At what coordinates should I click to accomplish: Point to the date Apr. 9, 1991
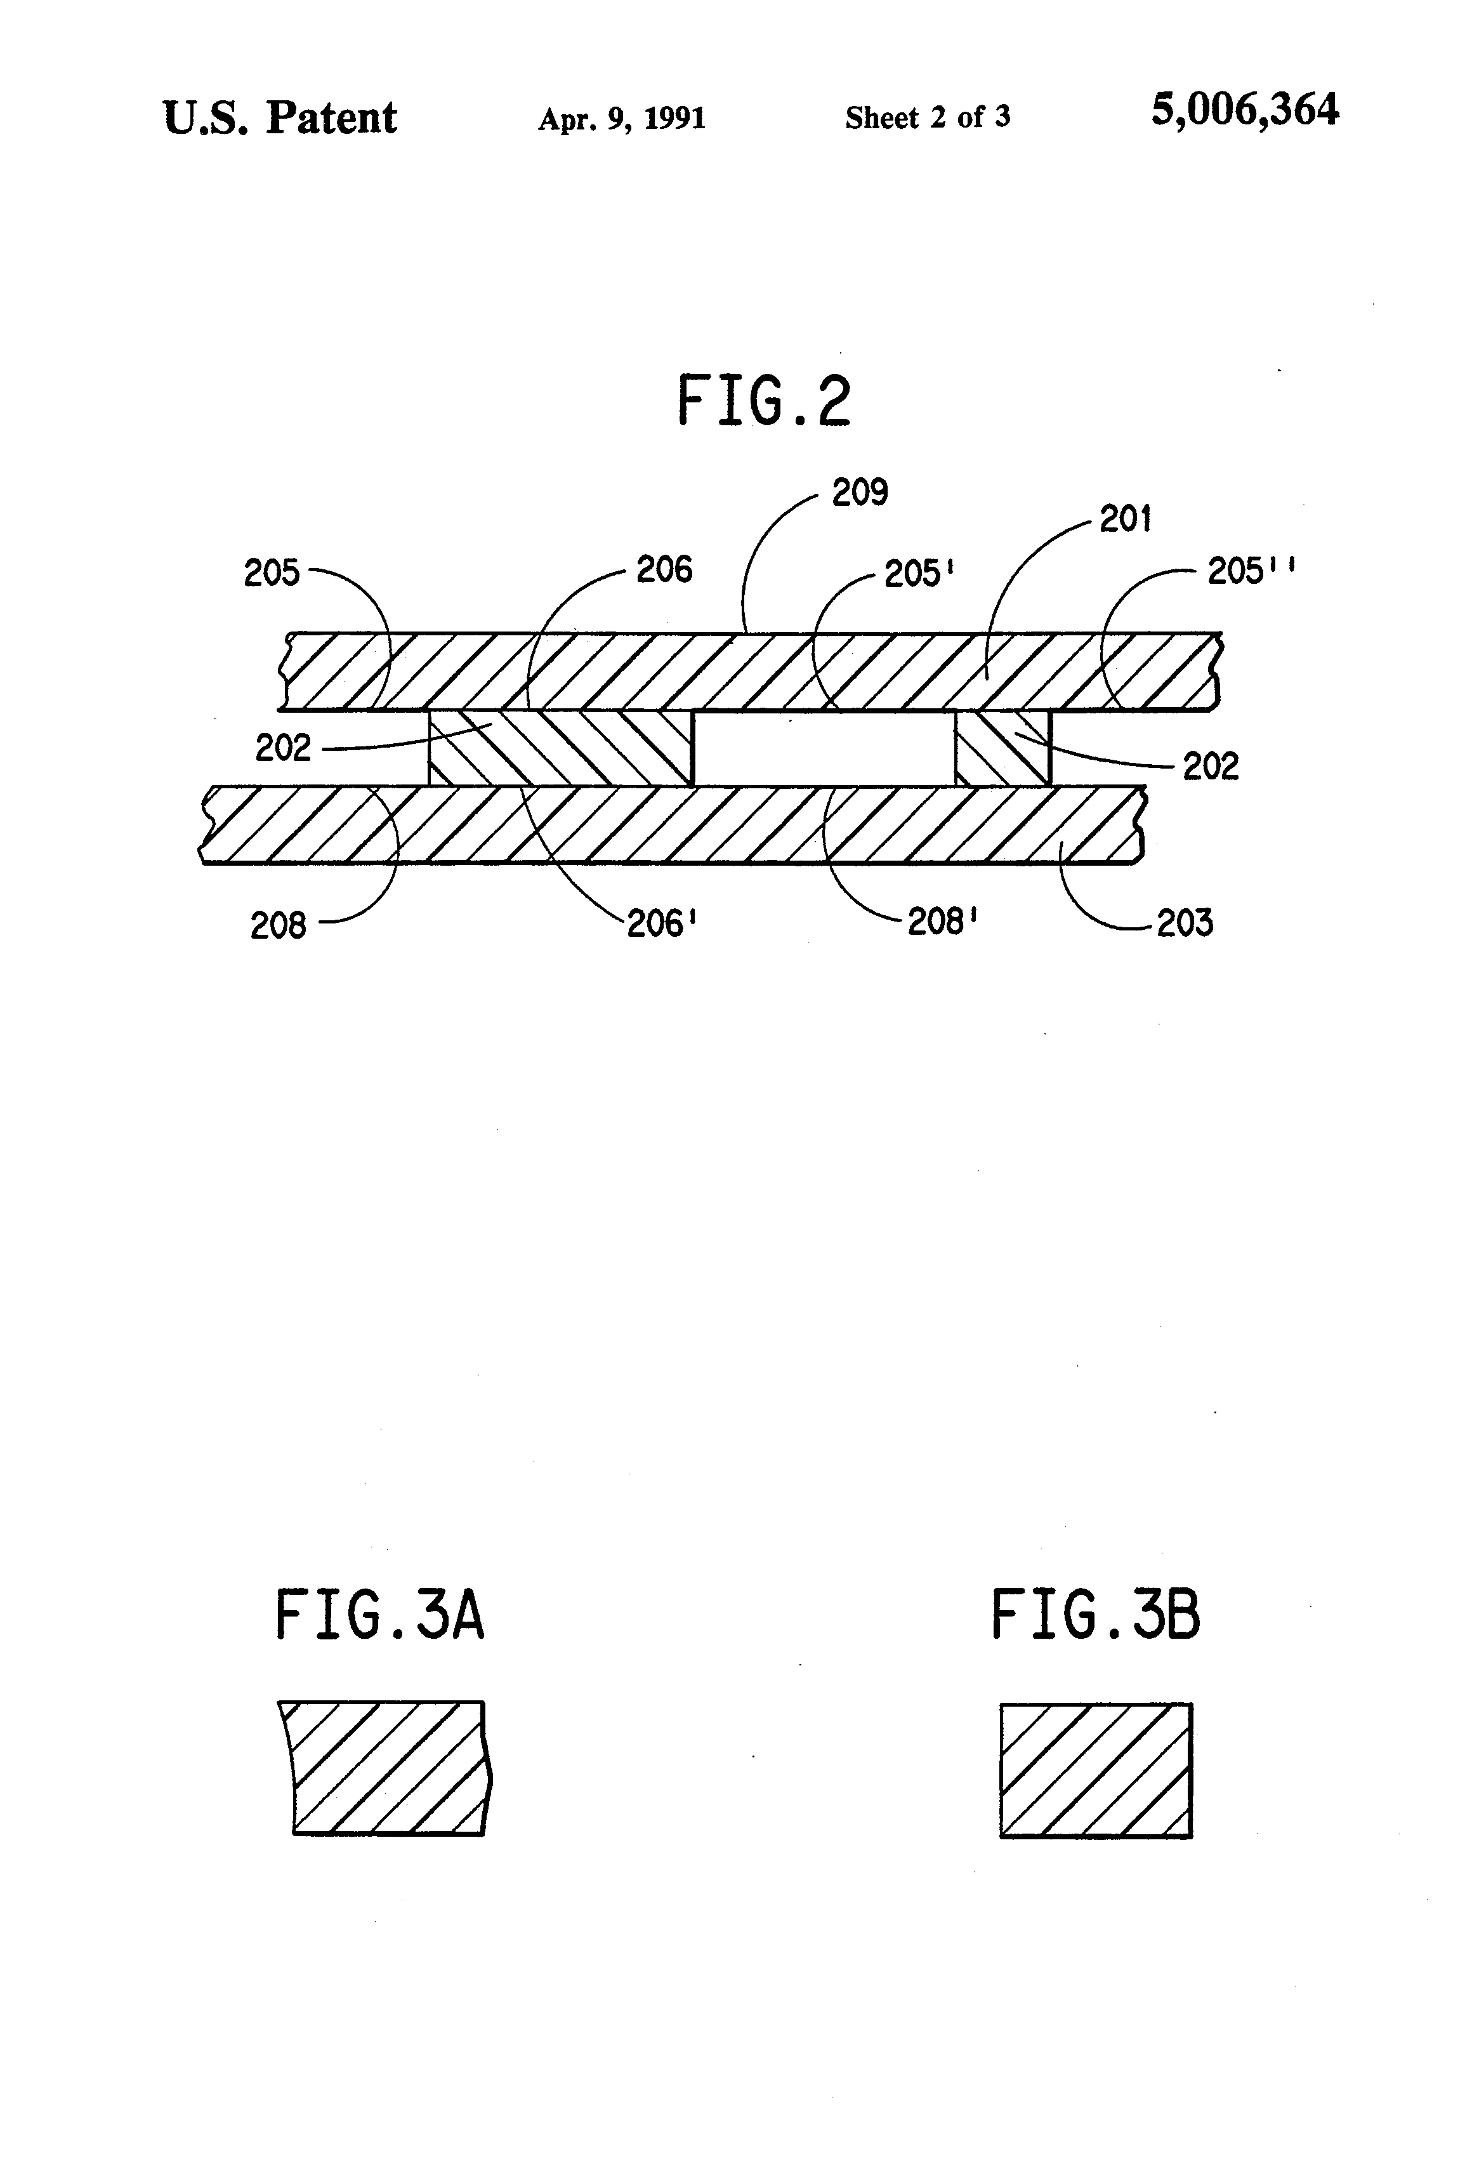point(622,118)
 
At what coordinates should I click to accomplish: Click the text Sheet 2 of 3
point(928,117)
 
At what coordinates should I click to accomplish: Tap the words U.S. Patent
point(280,118)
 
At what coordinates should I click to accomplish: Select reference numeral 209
point(860,493)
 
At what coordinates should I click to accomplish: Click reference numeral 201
point(1125,519)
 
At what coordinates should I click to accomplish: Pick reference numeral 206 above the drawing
point(664,569)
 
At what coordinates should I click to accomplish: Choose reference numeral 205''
point(1251,571)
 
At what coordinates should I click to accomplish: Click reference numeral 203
point(1185,923)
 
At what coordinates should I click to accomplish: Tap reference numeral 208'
point(942,922)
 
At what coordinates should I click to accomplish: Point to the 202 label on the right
point(1211,767)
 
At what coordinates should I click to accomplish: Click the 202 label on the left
point(283,748)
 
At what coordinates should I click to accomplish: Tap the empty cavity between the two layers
point(824,748)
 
